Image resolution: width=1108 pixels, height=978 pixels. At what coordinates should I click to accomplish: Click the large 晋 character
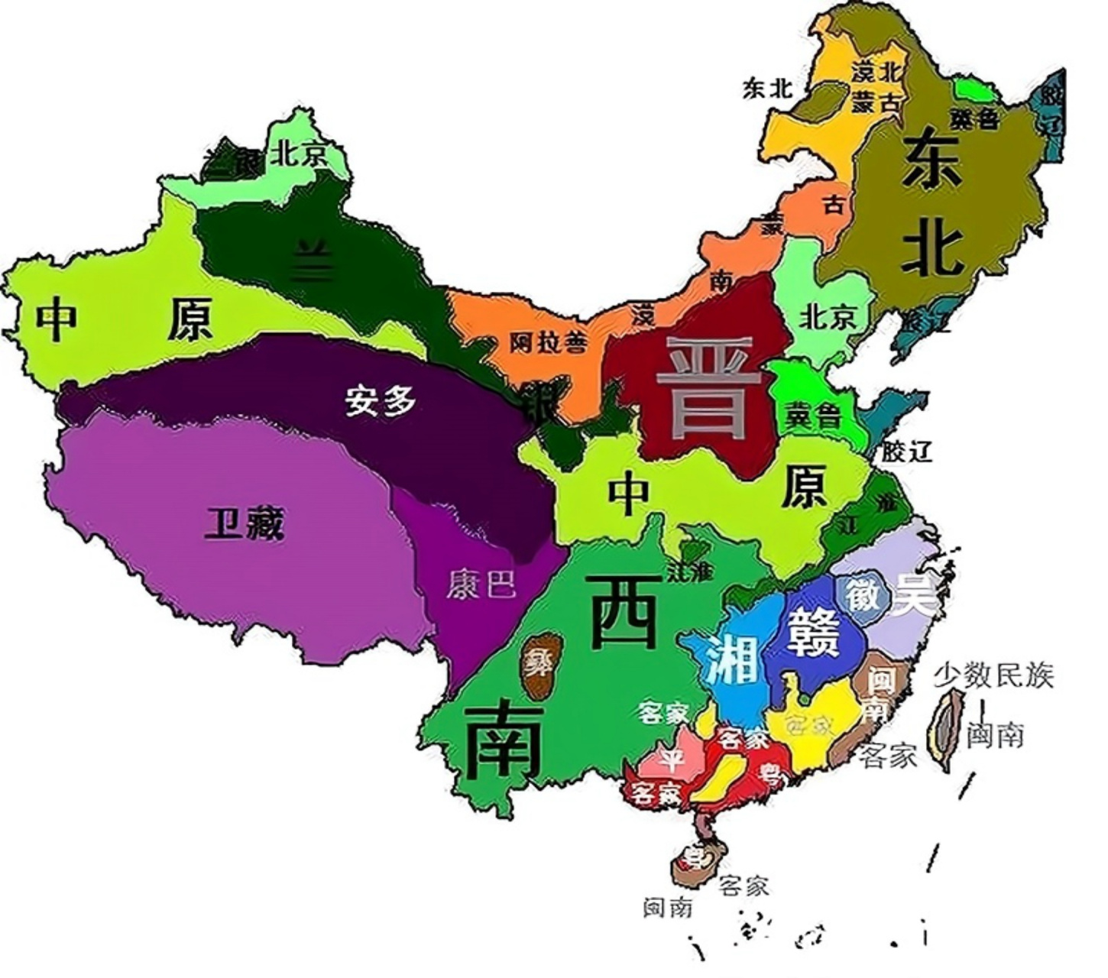[708, 388]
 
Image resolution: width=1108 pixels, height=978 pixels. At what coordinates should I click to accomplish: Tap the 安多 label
[380, 400]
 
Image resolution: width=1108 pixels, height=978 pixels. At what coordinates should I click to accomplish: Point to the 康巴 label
[481, 585]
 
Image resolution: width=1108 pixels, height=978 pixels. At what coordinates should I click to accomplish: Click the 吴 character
[915, 594]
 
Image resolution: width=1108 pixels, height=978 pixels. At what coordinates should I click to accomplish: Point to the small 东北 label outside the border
[767, 89]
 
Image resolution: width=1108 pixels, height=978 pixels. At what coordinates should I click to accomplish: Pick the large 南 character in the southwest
[504, 740]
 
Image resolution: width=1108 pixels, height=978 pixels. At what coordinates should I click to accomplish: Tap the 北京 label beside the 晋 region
[827, 316]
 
